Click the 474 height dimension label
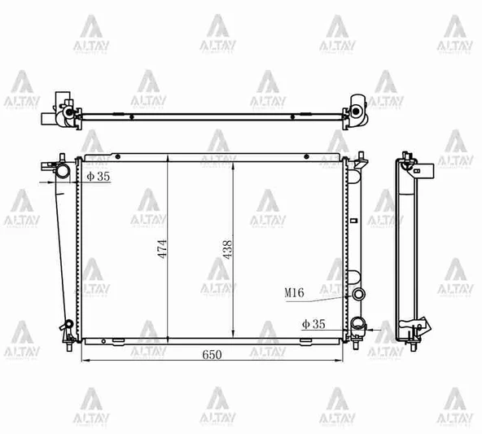tap(163, 248)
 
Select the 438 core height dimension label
tap(228, 248)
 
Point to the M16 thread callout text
tap(295, 292)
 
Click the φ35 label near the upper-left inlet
tap(98, 175)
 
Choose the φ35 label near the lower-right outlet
tap(313, 324)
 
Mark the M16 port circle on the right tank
tap(357, 294)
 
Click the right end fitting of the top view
tap(357, 109)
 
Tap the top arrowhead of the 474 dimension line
tap(167, 160)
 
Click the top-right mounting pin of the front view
tap(359, 154)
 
